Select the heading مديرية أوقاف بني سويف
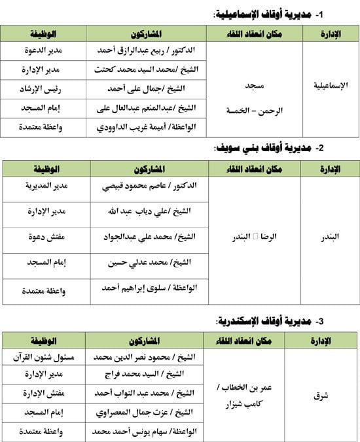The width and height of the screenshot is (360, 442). coord(268,148)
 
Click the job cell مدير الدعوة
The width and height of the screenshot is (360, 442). coord(44,50)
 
